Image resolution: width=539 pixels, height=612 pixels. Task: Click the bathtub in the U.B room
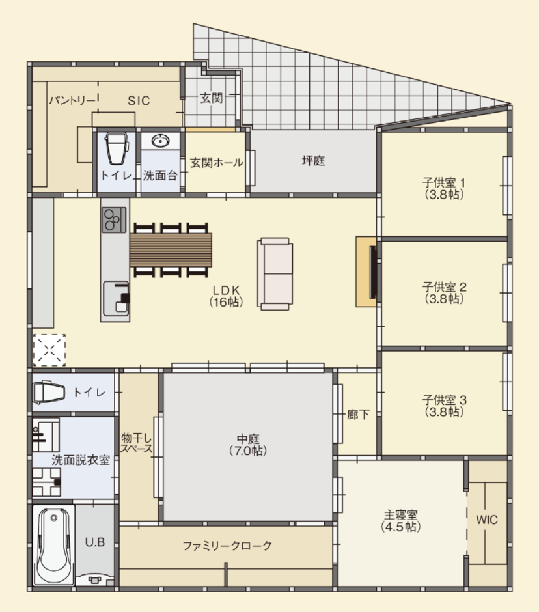(x=53, y=545)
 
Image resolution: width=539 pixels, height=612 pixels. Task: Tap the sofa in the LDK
(x=275, y=274)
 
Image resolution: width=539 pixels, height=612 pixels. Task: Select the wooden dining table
(x=171, y=250)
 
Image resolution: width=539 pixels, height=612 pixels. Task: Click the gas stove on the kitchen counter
(x=114, y=220)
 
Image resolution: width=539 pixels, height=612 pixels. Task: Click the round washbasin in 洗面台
(x=159, y=141)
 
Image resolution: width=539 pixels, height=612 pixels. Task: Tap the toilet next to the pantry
(x=116, y=148)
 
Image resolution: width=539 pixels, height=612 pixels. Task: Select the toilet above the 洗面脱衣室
(x=49, y=392)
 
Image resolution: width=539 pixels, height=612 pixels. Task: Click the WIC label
(x=487, y=520)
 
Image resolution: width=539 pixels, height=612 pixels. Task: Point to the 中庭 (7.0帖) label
(x=248, y=445)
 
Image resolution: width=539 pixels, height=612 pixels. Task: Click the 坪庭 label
(x=313, y=160)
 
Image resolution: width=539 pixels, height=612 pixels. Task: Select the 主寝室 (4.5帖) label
(x=401, y=521)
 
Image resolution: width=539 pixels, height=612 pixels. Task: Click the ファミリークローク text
(x=227, y=545)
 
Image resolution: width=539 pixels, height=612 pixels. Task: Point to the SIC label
(x=139, y=101)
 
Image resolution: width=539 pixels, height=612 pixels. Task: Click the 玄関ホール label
(x=217, y=162)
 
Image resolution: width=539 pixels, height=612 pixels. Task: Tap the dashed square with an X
(x=49, y=350)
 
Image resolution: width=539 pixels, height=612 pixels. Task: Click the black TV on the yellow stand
(x=373, y=272)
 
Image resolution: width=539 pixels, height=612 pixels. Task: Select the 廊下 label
(x=358, y=414)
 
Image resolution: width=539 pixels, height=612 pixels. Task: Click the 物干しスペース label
(x=136, y=443)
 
